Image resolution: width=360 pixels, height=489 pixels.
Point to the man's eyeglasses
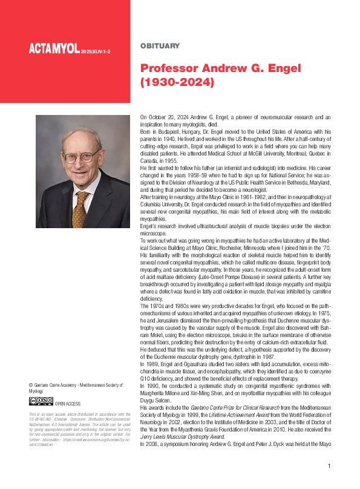[80, 155]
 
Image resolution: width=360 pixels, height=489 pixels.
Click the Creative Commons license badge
[41, 401]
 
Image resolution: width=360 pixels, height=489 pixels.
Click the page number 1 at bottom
[329, 466]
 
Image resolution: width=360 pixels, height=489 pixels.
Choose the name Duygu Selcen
[155, 401]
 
